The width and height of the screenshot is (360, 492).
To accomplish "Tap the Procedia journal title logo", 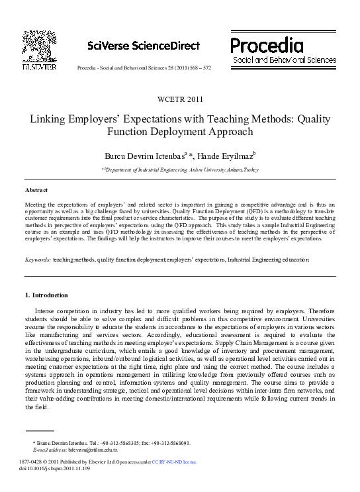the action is tap(267, 45).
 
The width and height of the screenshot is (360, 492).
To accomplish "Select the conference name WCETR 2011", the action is tap(180, 100).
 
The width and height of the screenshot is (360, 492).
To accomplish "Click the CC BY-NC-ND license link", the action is tap(174, 462).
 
